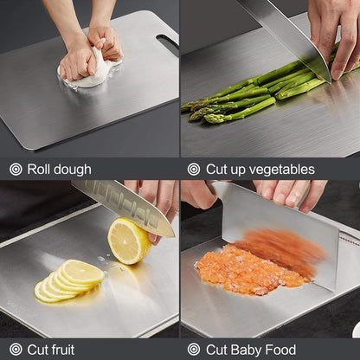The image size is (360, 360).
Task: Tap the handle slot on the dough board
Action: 167,42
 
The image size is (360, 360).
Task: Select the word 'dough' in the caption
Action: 72,170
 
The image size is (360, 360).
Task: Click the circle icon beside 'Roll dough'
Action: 16,170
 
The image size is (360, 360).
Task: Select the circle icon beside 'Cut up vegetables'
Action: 194,170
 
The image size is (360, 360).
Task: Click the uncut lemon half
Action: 128,241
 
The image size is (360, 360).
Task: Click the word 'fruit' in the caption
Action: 63,350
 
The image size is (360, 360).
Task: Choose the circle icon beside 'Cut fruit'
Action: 16,350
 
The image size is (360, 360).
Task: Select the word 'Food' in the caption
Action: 282,350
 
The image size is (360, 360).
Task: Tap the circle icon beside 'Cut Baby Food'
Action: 194,350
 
